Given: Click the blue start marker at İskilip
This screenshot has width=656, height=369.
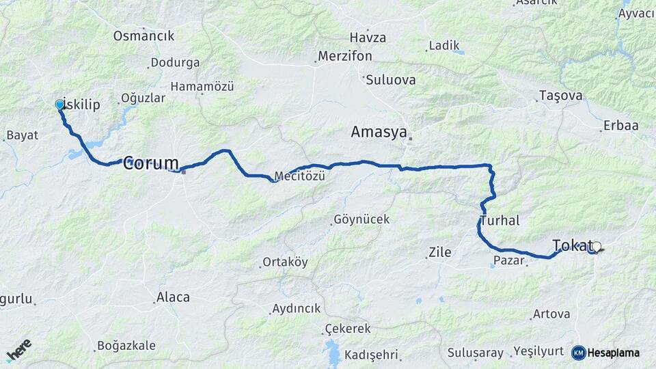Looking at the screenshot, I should [59, 105].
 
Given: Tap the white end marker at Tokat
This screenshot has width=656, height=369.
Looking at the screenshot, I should [597, 247].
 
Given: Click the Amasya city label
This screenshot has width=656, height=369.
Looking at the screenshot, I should [379, 132].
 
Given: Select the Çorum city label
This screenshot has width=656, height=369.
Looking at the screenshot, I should [151, 163].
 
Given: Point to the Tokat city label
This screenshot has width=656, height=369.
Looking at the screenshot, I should [573, 245].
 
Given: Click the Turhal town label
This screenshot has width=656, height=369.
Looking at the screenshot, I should [500, 221].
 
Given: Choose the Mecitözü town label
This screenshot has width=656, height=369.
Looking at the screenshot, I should [299, 176].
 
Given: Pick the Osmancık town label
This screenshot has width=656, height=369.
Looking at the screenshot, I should [144, 36].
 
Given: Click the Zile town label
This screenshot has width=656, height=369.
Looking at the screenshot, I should [439, 252].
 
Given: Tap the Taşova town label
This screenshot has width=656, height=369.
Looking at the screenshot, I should [560, 96].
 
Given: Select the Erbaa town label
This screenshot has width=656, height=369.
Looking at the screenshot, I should [620, 126].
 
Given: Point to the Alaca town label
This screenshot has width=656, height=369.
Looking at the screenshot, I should [173, 297].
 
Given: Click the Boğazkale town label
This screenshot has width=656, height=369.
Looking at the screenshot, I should [126, 345].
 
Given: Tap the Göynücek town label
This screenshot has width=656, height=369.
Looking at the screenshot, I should [361, 219].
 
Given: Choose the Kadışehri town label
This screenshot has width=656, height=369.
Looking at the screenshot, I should [371, 355].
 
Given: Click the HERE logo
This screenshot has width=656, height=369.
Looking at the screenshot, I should [18, 351].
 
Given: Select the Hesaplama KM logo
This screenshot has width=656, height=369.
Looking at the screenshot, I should [605, 353].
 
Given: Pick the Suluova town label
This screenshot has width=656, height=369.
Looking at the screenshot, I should [391, 80].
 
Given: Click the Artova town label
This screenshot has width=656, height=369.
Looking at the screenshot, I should [551, 314].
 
